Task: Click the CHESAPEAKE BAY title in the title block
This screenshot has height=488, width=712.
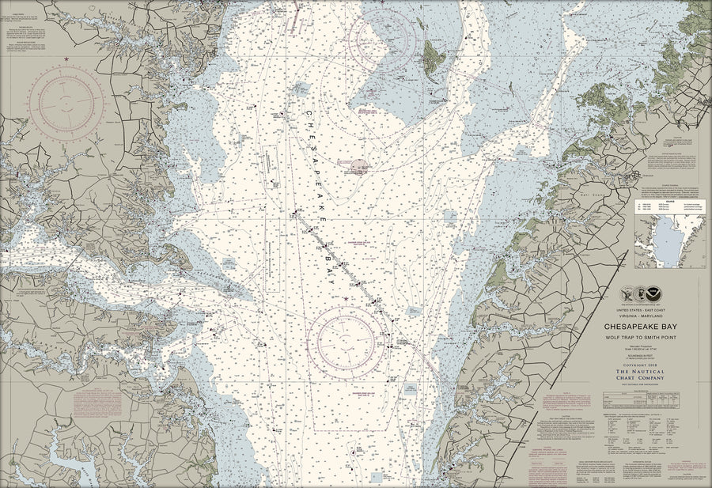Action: pyautogui.click(x=640, y=325)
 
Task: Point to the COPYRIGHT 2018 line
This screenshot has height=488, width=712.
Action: pyautogui.click(x=640, y=364)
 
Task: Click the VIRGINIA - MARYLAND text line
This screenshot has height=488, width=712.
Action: pyautogui.click(x=640, y=314)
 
